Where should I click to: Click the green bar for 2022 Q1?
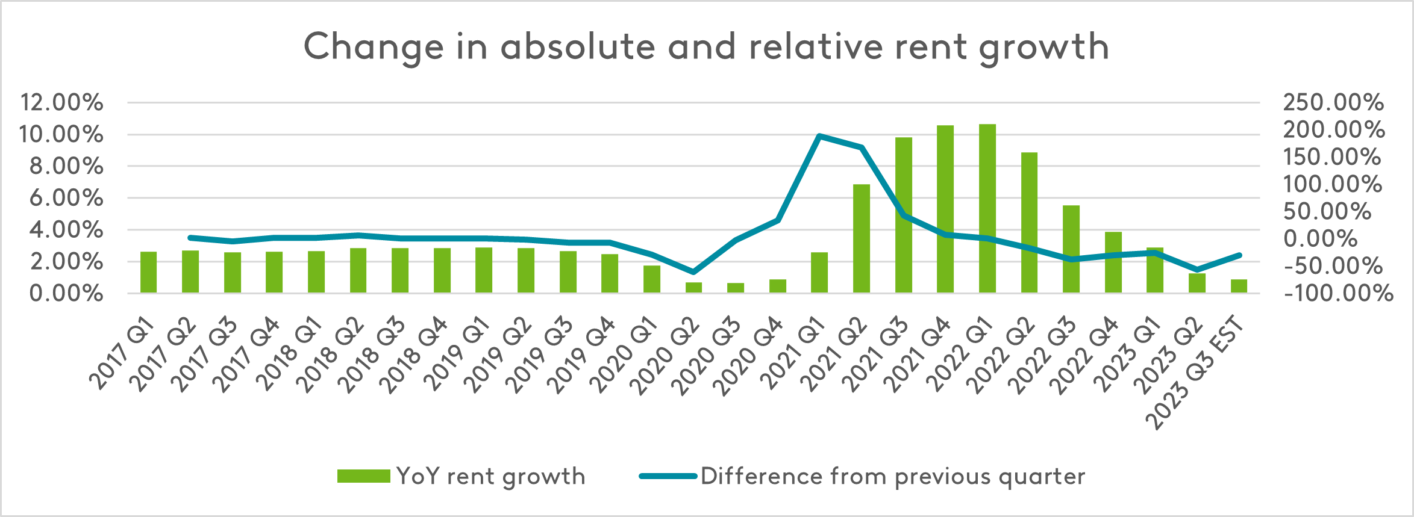[x=987, y=208]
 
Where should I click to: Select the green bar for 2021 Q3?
[x=903, y=215]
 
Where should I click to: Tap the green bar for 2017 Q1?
[x=148, y=272]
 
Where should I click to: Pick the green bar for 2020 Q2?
[x=693, y=288]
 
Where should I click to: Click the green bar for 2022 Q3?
[x=1071, y=249]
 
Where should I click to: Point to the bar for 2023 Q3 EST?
[x=1239, y=286]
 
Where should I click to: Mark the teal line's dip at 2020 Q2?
[x=693, y=272]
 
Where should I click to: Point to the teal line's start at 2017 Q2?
[x=190, y=238]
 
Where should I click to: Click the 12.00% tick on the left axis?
[x=61, y=102]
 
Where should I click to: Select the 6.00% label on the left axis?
[x=66, y=197]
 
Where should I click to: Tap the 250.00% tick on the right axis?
[x=1333, y=102]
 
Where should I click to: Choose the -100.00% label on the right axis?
[x=1338, y=294]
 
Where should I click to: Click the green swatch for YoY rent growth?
[x=363, y=476]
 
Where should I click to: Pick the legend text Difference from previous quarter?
[x=892, y=476]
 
